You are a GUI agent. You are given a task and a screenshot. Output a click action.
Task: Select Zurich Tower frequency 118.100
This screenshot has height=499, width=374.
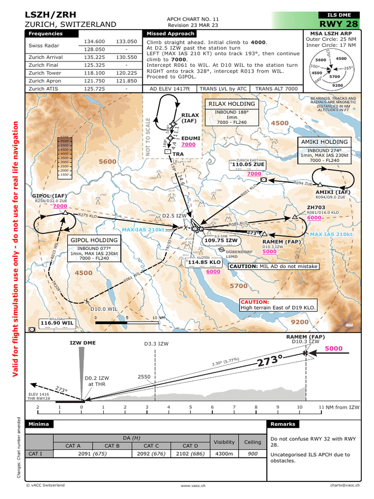click(94, 72)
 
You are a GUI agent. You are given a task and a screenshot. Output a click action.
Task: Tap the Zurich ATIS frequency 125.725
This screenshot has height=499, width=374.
click(94, 89)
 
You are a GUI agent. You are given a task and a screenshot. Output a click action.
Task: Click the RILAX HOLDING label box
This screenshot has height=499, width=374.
click(232, 104)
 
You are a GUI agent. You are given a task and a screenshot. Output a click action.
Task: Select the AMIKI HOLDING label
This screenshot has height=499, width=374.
click(324, 142)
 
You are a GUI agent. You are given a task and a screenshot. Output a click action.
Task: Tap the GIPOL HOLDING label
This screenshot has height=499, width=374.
click(94, 240)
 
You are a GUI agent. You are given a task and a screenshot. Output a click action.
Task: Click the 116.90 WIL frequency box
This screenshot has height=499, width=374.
click(57, 323)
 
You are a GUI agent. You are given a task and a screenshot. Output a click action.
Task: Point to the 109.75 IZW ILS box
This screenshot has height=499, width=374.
click(221, 240)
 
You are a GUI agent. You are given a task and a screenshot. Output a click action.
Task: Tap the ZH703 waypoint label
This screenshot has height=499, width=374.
click(316, 207)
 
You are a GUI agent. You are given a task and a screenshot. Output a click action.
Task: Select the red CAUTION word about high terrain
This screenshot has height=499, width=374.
click(255, 302)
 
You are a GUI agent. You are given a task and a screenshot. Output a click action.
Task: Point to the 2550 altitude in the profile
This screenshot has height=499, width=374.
click(144, 377)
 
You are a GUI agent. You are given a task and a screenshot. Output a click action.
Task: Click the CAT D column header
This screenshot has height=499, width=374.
click(190, 445)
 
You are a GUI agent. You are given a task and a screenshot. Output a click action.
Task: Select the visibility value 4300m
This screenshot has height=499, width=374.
click(224, 453)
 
